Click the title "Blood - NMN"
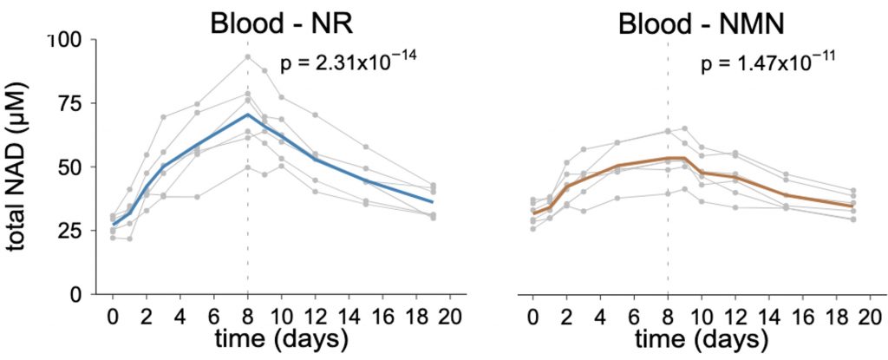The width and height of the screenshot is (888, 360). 702,23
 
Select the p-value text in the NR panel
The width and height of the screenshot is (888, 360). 338,62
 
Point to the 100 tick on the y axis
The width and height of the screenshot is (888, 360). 65,41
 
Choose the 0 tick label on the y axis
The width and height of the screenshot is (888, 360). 75,294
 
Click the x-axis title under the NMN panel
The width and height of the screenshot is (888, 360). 702,337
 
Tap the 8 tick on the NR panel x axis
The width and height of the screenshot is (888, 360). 248,314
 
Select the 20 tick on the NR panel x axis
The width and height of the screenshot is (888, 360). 451,314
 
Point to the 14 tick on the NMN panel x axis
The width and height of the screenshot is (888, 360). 768,314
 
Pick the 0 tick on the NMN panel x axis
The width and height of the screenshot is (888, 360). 532,314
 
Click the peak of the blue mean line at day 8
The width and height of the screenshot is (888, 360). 248,115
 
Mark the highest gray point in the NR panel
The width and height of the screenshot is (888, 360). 248,57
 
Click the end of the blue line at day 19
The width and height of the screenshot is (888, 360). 434,202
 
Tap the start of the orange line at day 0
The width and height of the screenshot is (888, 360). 532,213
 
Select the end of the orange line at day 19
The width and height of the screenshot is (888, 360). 853,206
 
